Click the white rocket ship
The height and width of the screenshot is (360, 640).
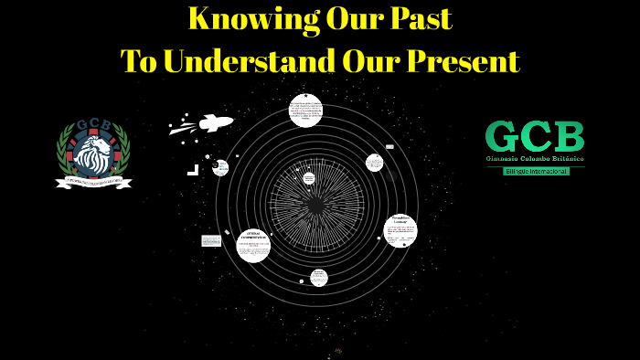click(214, 122)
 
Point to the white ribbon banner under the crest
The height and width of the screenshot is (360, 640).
click(93, 183)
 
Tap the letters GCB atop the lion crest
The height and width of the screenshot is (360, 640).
click(93, 126)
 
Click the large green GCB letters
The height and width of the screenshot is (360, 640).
click(535, 136)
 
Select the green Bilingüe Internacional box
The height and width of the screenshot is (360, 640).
click(536, 171)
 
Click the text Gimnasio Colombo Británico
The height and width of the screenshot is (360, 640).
click(535, 158)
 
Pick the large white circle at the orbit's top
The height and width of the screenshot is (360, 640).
click(305, 111)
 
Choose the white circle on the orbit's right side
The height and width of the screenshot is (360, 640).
click(400, 230)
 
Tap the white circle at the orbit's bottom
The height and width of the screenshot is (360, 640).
click(318, 278)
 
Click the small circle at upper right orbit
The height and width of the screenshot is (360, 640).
click(374, 163)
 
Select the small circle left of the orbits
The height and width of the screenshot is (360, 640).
click(220, 167)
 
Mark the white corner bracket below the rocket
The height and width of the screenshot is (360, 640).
click(193, 170)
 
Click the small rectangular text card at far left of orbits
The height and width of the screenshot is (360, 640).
click(211, 241)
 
